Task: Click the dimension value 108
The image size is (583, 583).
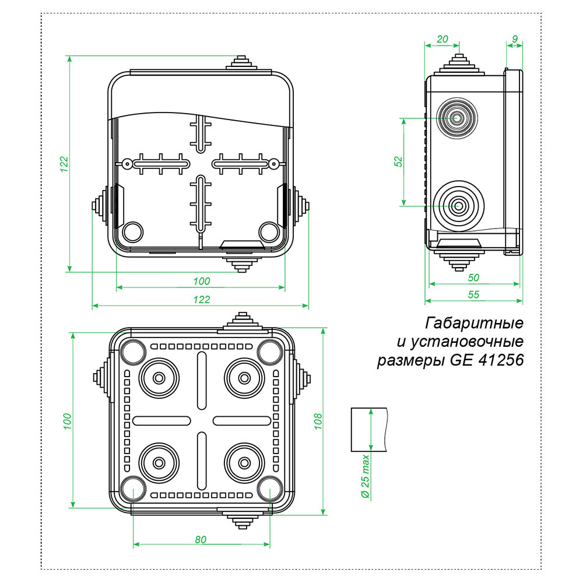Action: coord(318,421)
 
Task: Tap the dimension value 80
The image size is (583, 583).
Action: coord(201,539)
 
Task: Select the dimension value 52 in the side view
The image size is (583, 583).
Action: coord(398,161)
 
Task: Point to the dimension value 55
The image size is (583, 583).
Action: coord(473,295)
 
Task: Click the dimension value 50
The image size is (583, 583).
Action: coord(473,278)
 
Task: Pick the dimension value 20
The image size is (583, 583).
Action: coord(442,39)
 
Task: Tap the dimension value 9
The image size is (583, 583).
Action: coord(514,39)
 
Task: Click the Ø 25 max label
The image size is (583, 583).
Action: coord(365,475)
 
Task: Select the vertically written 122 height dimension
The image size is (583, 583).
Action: coord(64,163)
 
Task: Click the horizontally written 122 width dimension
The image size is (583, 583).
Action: coord(201,299)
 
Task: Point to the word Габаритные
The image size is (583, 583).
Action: coord(475,322)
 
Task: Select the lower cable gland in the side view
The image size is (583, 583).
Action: coord(457,205)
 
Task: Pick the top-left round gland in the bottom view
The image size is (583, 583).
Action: coord(158,377)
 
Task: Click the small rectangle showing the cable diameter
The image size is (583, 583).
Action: coord(369,430)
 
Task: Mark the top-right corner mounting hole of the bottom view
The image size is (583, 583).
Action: coord(269,352)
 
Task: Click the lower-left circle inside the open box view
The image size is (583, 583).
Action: coord(133,231)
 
